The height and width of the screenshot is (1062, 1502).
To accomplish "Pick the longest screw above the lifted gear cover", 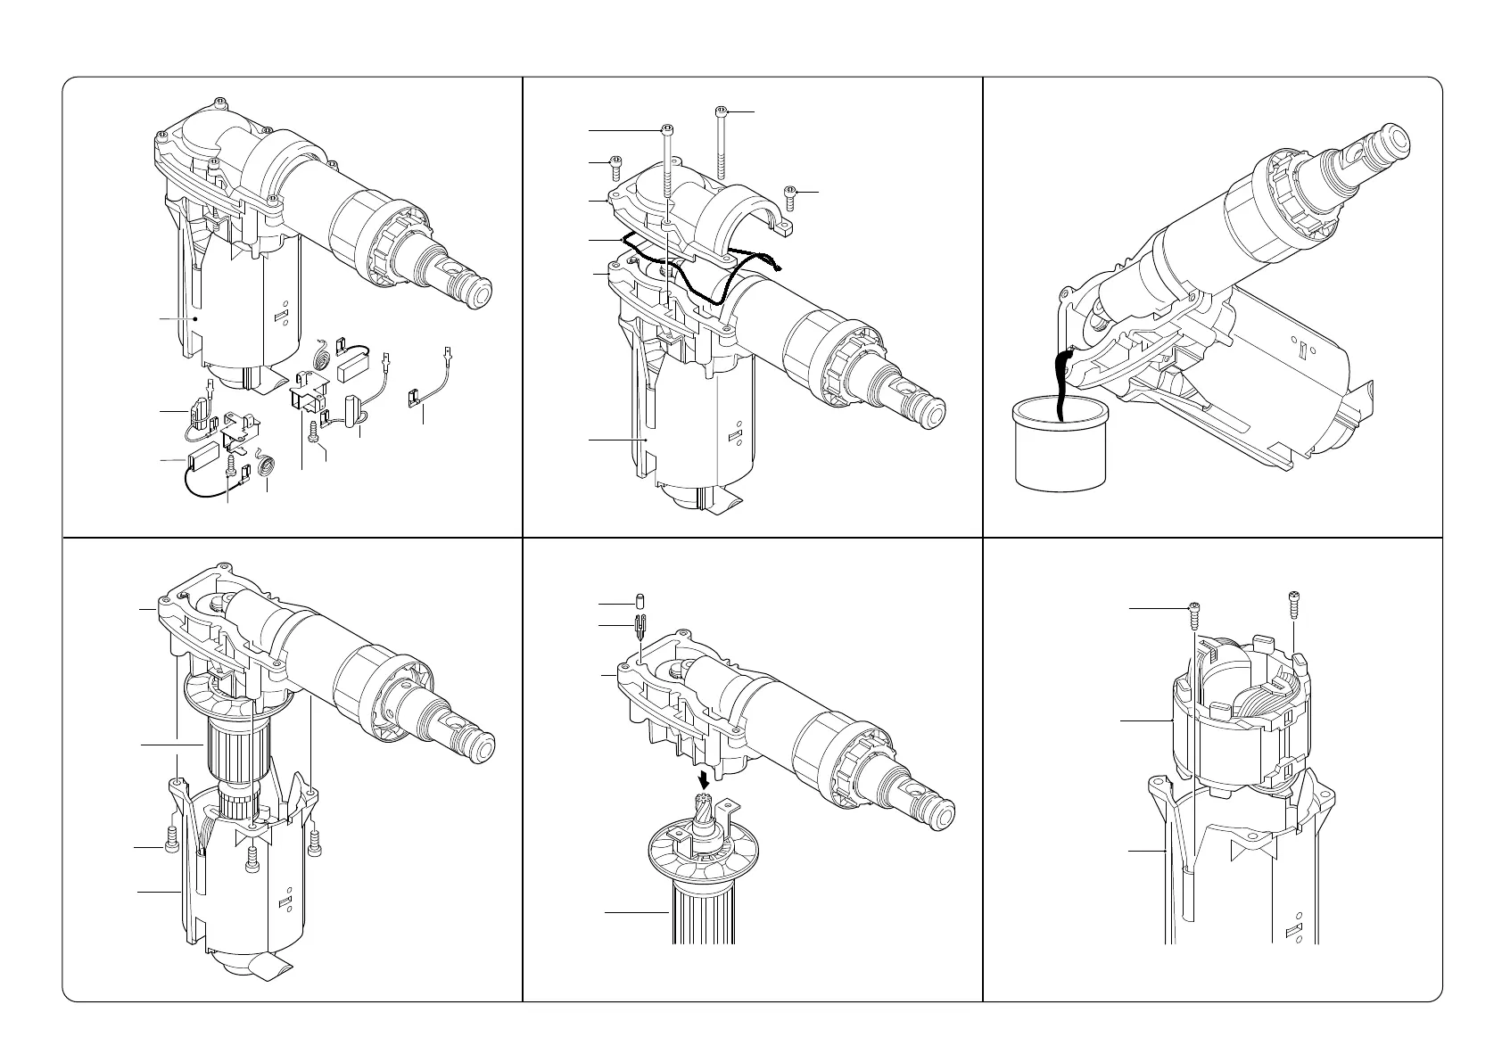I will [721, 143].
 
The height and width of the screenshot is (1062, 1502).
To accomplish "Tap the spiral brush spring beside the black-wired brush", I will [266, 466].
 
